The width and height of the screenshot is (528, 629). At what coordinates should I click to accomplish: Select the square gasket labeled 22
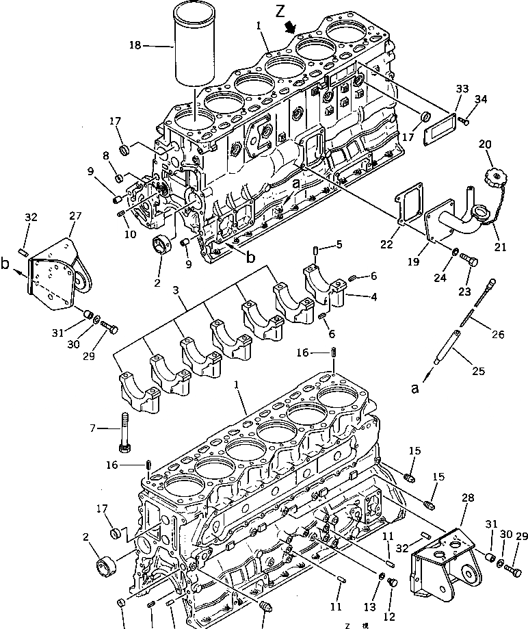pyautogui.click(x=409, y=207)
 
